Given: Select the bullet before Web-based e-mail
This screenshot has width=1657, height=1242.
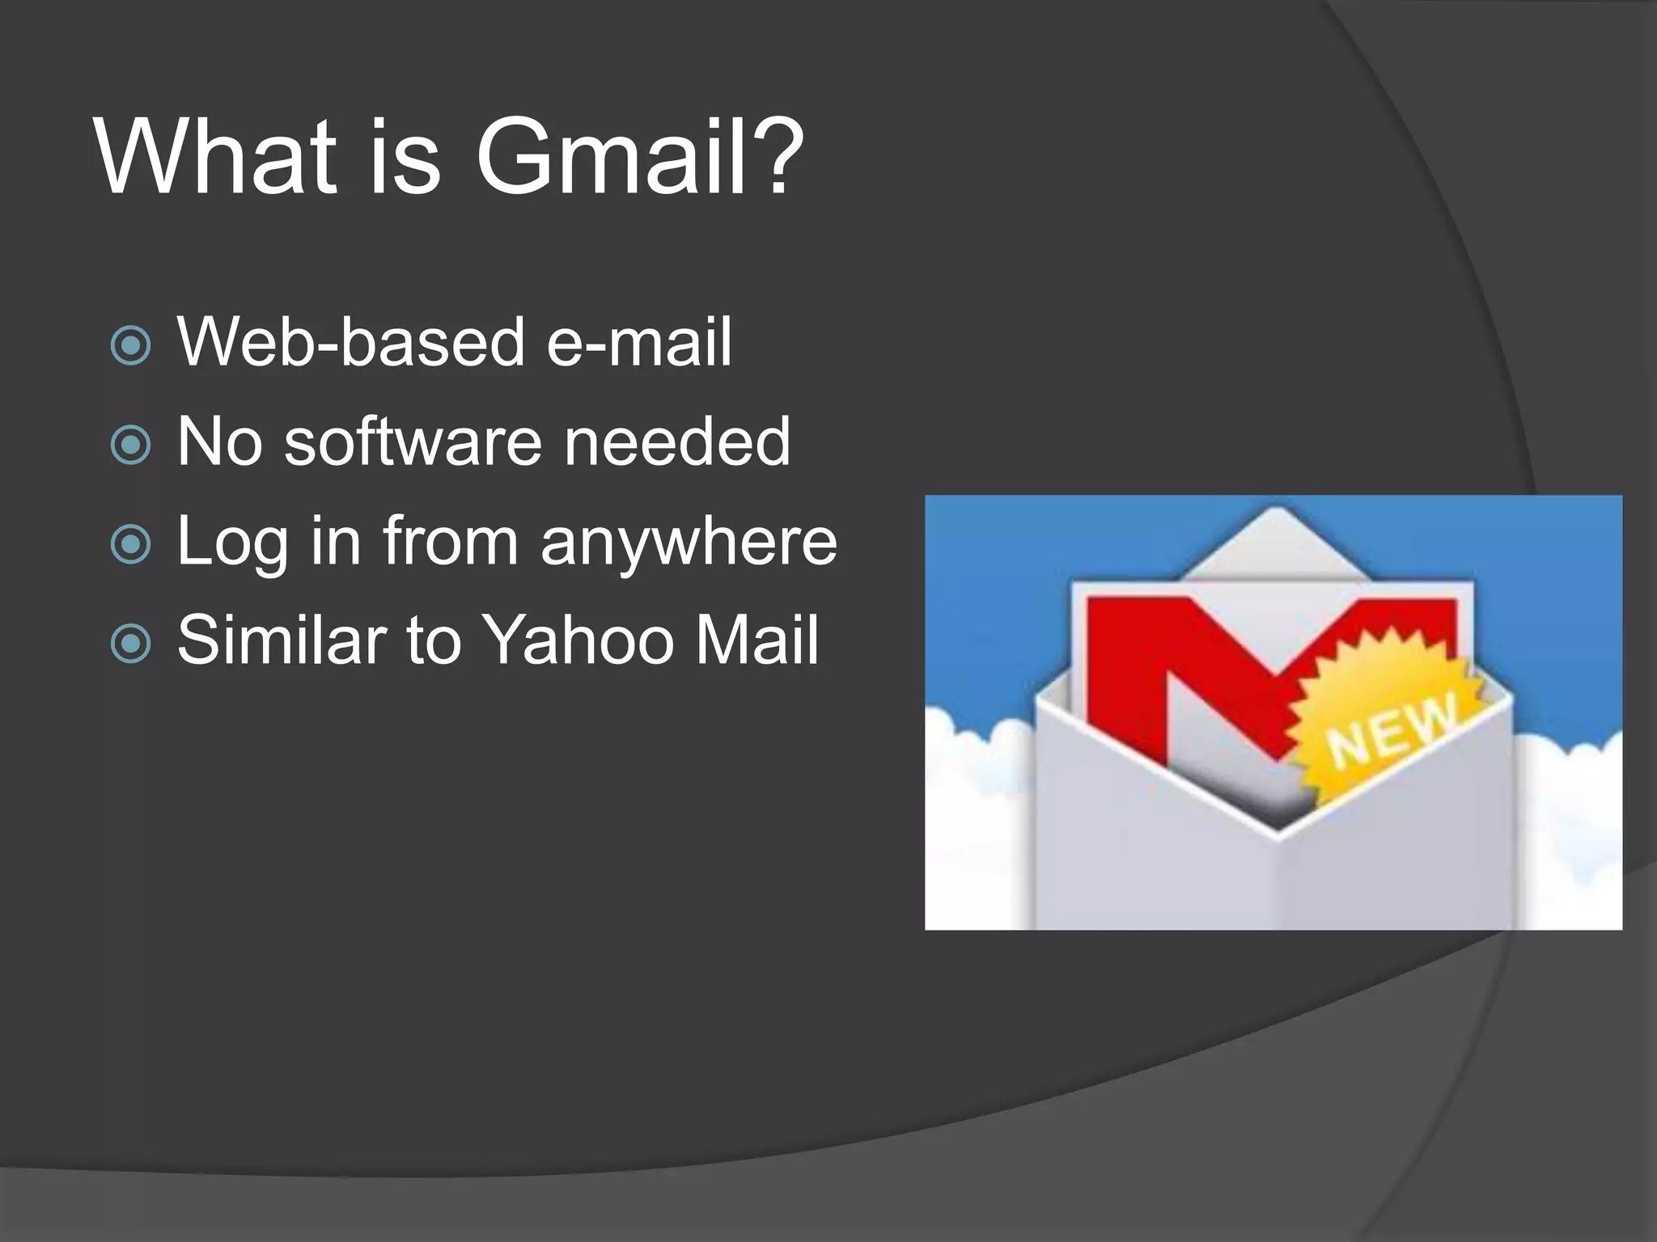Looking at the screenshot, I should click(x=131, y=345).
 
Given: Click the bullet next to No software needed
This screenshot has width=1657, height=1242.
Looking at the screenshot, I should click(x=131, y=445).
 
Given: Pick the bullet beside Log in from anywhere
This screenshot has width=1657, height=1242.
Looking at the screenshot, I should click(x=131, y=544).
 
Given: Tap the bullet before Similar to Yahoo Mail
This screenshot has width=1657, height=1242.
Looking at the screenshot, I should click(x=131, y=644).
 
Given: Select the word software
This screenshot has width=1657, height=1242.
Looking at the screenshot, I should click(x=413, y=442).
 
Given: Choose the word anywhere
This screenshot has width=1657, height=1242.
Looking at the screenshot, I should click(x=689, y=542).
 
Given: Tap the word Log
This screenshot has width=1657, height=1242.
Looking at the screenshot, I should click(x=232, y=542).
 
